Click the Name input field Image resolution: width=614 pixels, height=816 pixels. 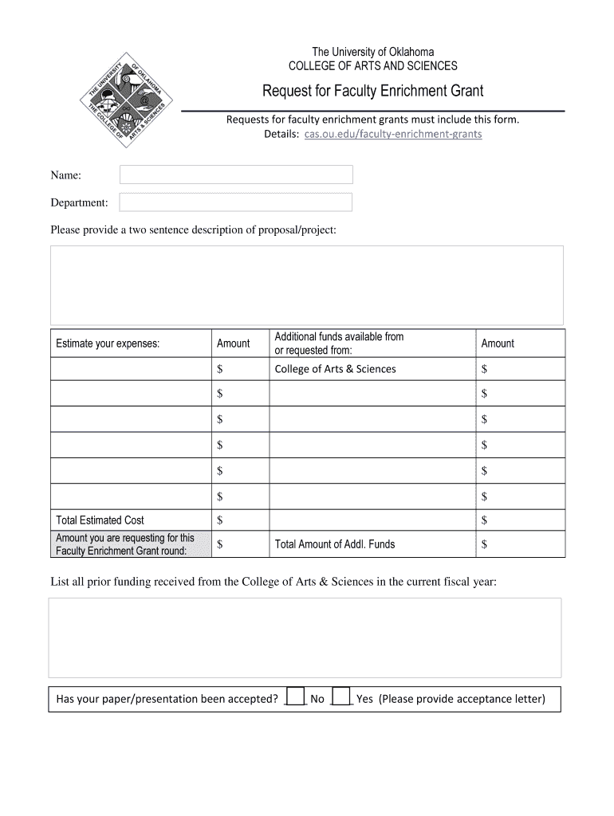(236, 175)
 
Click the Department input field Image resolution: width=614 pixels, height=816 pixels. (236, 202)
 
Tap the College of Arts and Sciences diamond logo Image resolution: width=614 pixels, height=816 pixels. (124, 104)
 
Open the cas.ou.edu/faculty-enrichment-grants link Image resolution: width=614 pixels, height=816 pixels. (393, 134)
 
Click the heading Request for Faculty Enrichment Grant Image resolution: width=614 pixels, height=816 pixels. (373, 91)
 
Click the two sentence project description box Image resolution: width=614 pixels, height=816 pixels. (307, 284)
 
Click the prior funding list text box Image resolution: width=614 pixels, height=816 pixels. (305, 637)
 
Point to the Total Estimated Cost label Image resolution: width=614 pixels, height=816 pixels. (100, 520)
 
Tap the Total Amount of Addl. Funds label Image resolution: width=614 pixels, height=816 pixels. (334, 544)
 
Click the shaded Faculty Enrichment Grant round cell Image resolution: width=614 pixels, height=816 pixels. (131, 544)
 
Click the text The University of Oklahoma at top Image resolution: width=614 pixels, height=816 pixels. (372, 52)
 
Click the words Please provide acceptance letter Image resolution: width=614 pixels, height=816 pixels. (462, 699)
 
